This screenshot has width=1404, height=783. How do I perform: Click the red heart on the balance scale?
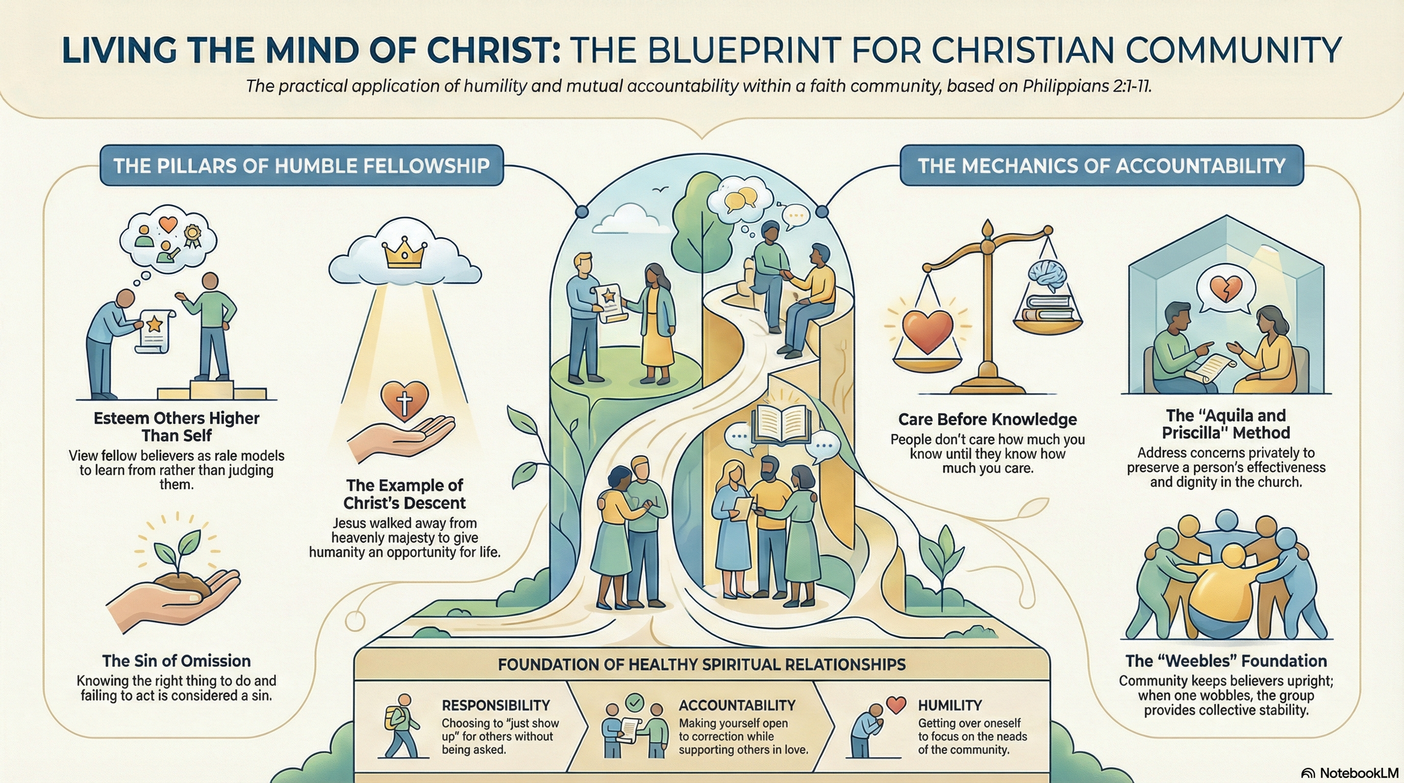coord(927,330)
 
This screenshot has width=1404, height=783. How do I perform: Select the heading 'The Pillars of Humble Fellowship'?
coord(302,166)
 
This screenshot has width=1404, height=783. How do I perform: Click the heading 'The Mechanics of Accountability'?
coord(1101,166)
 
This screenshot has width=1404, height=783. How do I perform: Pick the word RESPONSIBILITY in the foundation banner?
coord(496,705)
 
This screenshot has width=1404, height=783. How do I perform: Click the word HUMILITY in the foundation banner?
coord(950,705)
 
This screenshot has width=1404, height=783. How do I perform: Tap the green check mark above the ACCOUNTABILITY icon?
coord(635,702)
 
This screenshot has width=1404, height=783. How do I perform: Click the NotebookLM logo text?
coord(1359,773)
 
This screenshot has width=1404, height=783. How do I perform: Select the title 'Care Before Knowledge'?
coord(987,419)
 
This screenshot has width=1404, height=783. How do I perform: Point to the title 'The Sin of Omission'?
coord(176,661)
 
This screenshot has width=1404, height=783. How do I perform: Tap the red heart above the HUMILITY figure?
coord(896,705)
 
